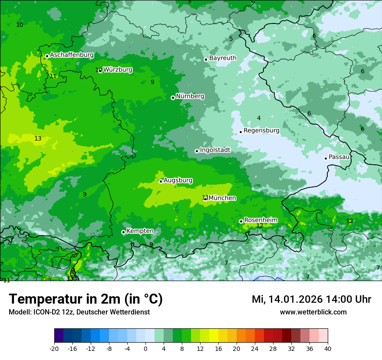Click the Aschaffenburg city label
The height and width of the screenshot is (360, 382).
coord(72,55)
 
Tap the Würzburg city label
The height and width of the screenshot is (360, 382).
coord(118,69)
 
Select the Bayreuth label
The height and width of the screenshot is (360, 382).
coord(223,58)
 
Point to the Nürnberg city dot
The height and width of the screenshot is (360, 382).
coord(173,98)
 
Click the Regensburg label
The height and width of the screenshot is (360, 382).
coord(261,130)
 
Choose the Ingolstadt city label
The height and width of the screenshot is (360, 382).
coord(215,150)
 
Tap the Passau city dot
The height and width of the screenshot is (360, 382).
coord(326,158)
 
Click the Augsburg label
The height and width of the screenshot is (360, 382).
coord(178,180)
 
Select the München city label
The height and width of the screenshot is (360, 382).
coord(222,198)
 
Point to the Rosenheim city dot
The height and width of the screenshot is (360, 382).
coord(241,221)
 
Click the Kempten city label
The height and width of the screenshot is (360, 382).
coord(140,231)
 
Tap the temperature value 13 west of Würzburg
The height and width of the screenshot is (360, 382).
coord(38,138)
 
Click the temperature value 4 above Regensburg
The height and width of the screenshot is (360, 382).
coord(259,118)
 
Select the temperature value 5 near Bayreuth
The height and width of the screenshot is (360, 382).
coord(231,39)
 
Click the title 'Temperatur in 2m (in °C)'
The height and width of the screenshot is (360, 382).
coord(86,299)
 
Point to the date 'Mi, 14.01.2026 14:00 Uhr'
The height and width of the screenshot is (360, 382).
coord(311,299)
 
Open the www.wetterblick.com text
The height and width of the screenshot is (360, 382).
coord(313,312)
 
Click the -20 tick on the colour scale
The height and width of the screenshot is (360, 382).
coord(54,348)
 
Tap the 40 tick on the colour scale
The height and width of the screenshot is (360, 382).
coord(327,348)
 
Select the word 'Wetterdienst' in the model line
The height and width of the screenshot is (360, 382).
coord(132,312)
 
